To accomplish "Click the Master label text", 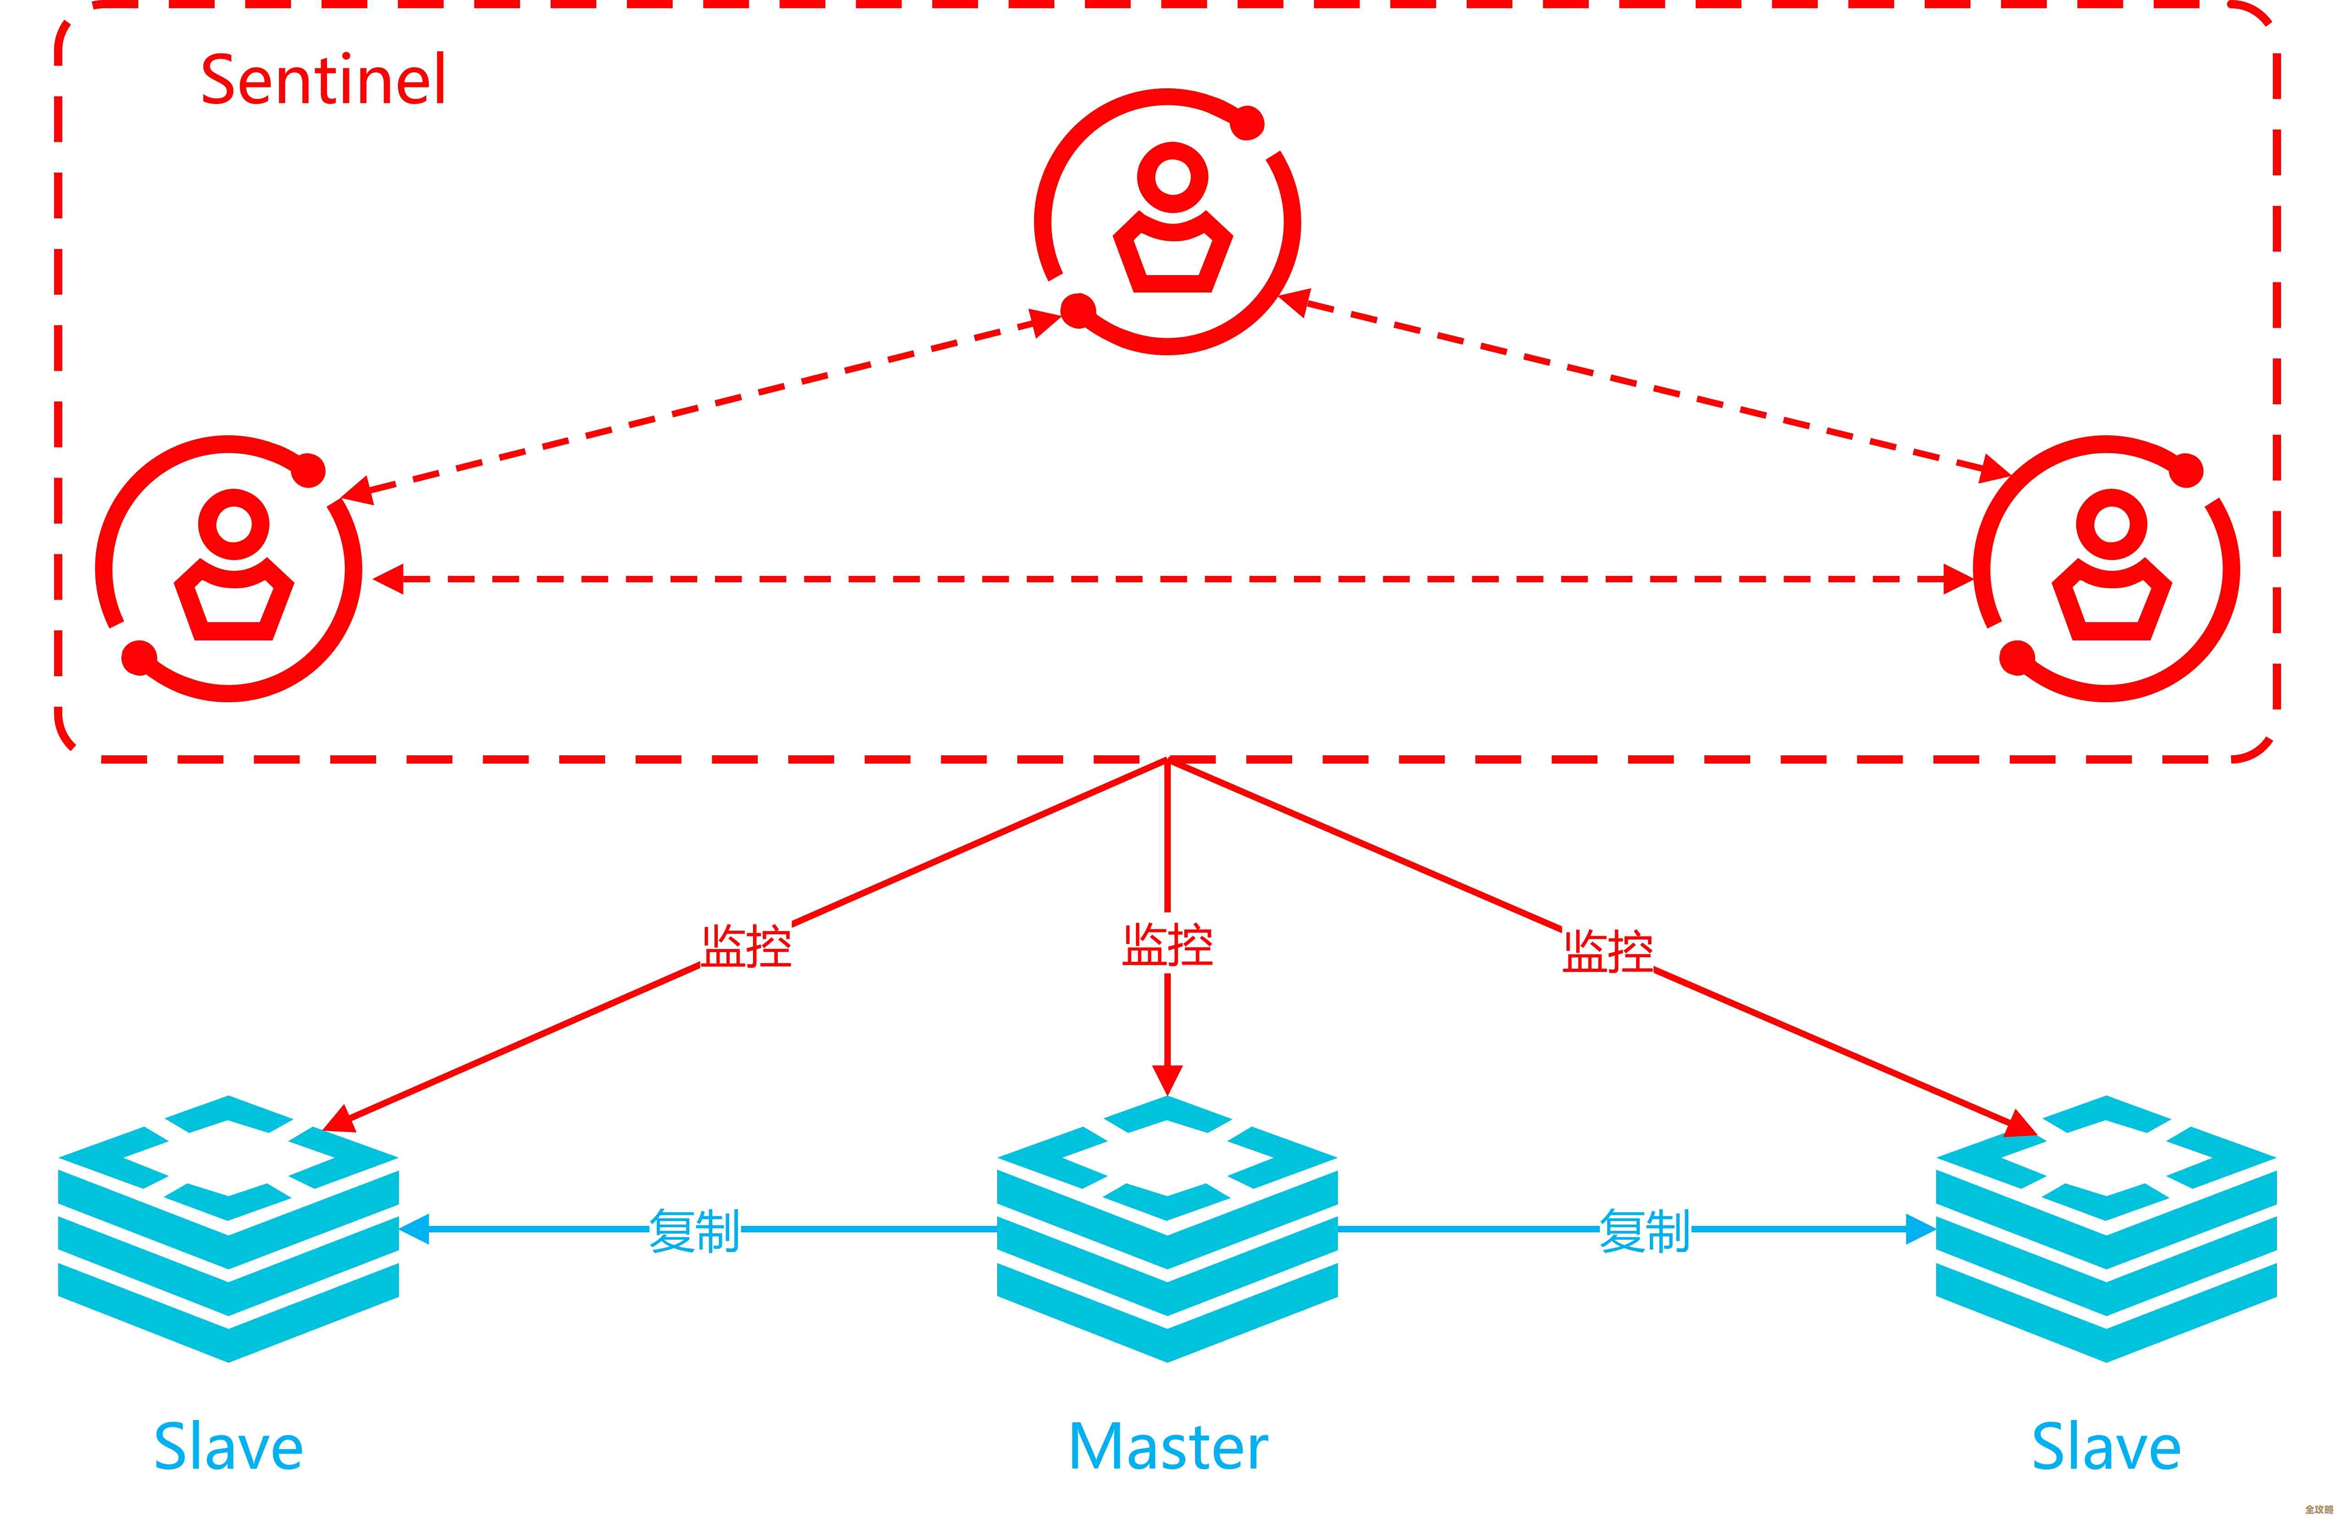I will [1168, 1448].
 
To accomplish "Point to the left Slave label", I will [229, 1448].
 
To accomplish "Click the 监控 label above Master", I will [1168, 945].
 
